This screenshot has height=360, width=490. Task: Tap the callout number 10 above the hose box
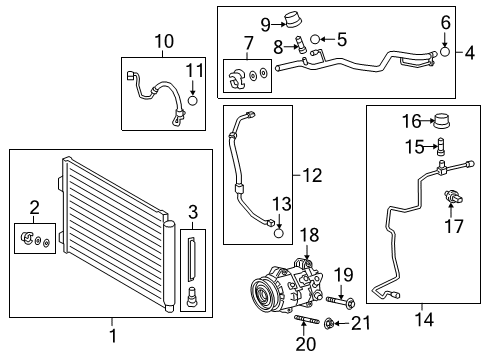pos(164,41)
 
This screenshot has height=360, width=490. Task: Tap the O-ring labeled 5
pos(314,41)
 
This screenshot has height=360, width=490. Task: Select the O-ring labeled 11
pos(193,100)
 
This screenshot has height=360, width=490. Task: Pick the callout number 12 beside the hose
pos(312,176)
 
